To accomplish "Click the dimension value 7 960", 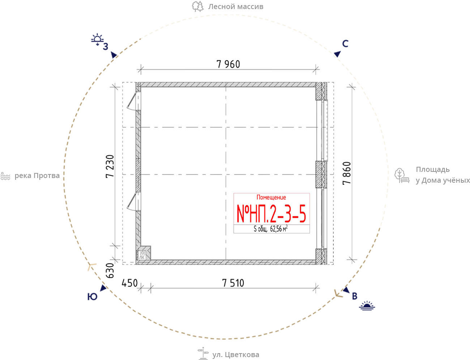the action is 228,64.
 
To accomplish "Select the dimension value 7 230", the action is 110,166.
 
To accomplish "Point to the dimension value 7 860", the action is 347,173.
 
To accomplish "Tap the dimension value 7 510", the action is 233,283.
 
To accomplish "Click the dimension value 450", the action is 129,283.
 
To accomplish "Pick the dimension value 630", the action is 110,270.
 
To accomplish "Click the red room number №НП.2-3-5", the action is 271,214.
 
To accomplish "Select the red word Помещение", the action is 271,197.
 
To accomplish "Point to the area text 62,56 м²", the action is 279,229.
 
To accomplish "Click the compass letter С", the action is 345,44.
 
